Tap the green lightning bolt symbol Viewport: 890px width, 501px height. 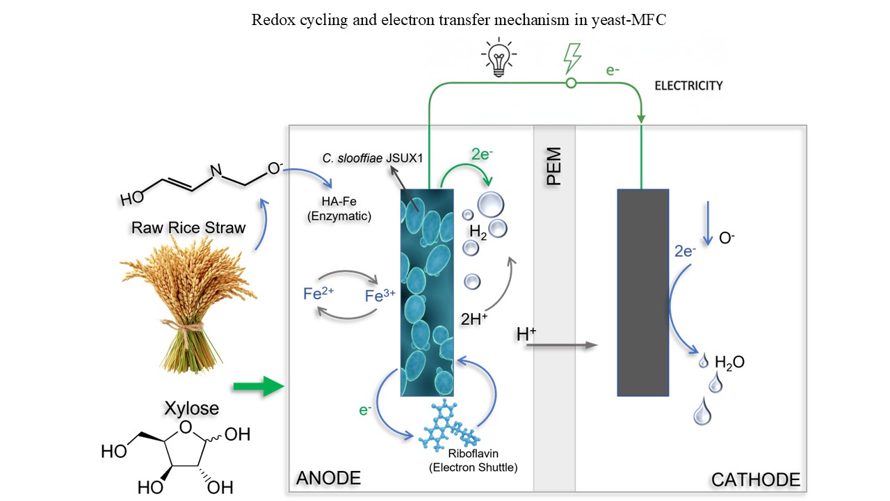click(572, 58)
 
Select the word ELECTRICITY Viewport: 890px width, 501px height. click(688, 86)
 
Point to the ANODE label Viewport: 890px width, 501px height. click(329, 478)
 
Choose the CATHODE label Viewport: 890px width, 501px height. click(755, 479)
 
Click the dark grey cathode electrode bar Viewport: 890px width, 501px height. click(642, 292)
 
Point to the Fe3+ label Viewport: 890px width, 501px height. click(380, 296)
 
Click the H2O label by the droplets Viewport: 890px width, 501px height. click(729, 362)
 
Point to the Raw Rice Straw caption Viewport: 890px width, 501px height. click(188, 228)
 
